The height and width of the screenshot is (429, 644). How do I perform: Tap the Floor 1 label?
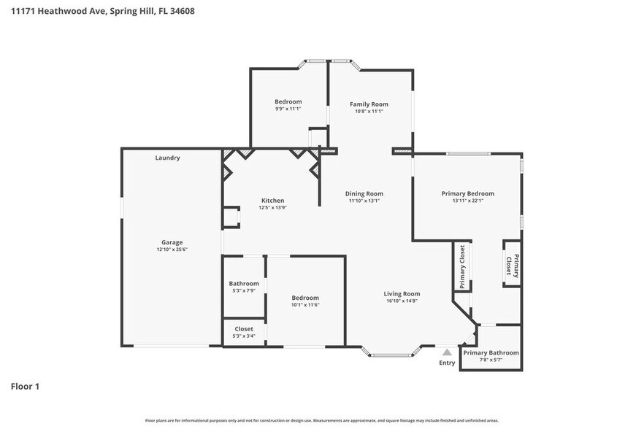[25, 386]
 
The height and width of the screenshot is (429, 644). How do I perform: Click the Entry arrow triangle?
[447, 352]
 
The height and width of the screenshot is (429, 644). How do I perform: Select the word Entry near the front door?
[447, 363]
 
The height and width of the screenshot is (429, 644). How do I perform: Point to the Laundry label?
[167, 158]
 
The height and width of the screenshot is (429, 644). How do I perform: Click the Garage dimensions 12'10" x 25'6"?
[172, 250]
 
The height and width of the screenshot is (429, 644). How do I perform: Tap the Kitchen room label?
[272, 201]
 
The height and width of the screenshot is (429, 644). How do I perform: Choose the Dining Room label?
[364, 193]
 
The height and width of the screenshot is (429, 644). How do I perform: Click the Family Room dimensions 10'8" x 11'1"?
[369, 111]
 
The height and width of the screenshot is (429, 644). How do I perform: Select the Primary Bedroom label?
[467, 193]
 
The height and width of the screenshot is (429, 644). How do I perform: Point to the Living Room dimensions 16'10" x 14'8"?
[402, 301]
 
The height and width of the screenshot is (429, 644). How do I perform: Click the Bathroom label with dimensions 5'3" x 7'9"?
[243, 284]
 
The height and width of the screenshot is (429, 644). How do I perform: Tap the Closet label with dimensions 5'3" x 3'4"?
[243, 329]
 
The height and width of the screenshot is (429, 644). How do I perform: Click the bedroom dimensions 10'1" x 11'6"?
[305, 305]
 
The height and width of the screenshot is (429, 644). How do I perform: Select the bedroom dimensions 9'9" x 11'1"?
[288, 109]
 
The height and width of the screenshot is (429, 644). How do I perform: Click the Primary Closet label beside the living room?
[462, 266]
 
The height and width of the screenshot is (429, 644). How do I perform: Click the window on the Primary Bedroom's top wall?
[468, 153]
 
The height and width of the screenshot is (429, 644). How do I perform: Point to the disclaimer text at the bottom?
[321, 420]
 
